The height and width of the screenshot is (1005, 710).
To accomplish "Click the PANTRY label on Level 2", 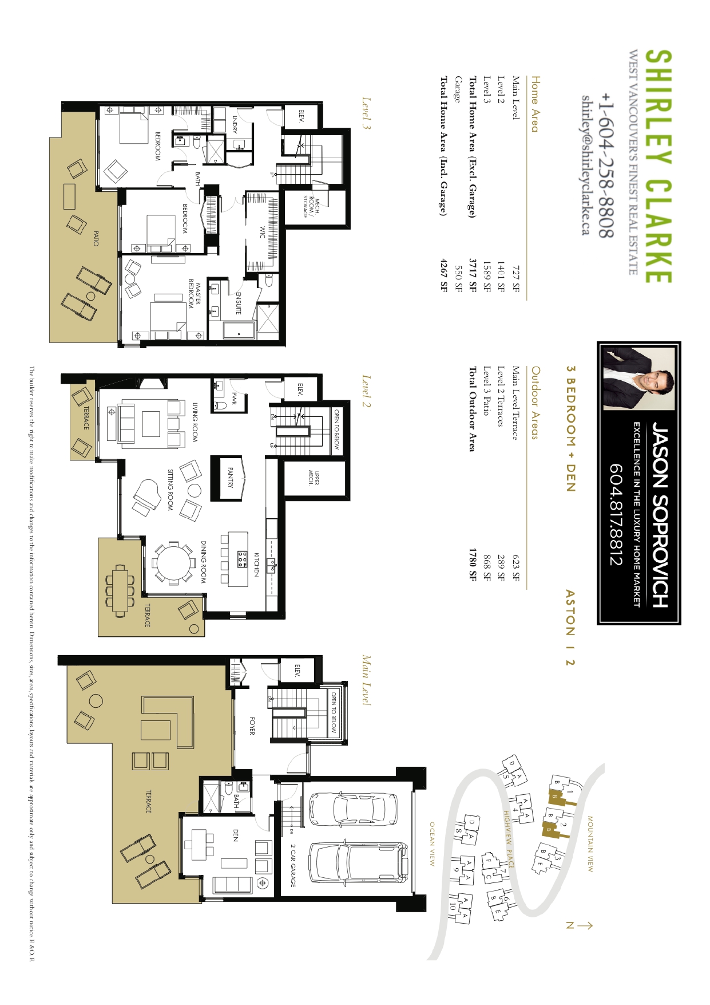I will coord(230,478).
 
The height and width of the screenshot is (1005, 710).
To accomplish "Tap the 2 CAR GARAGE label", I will coord(293,865).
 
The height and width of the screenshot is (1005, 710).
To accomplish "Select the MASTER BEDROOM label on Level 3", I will coord(195,294).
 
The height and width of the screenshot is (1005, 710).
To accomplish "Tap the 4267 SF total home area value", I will coord(443,275).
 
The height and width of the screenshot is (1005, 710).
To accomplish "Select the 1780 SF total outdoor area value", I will coord(473,565).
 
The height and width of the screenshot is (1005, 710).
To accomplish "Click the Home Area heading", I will coord(534,104).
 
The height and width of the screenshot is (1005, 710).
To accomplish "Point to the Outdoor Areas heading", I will coord(534,403).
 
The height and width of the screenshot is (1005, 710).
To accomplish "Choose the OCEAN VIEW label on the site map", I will coord(433,844).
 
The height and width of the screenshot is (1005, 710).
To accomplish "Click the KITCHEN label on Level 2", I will coord(256,564).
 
